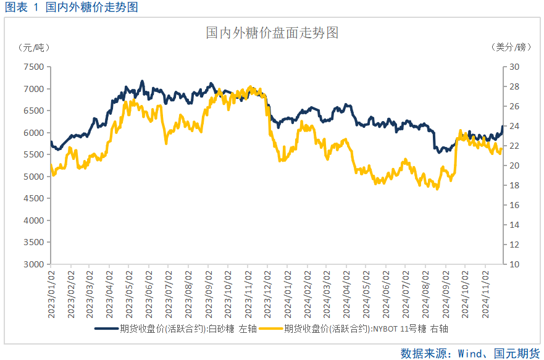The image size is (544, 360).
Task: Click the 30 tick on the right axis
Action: (x=514, y=67)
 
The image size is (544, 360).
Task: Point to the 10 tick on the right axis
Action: (x=514, y=264)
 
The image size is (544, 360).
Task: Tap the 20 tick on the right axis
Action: (x=514, y=166)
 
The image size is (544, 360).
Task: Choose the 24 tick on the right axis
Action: (x=514, y=127)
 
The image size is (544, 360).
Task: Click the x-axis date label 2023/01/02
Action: (x=51, y=293)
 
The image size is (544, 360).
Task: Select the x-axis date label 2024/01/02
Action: (x=288, y=293)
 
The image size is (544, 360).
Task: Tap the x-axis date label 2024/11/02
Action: (x=485, y=293)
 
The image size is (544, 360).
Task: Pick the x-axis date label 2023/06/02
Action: (x=149, y=293)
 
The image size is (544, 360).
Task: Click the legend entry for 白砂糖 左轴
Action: (x=177, y=329)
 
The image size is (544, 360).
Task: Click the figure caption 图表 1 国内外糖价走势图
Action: (x=72, y=7)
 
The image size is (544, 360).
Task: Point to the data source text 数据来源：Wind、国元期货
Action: (x=471, y=353)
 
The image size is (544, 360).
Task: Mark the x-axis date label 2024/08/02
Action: (x=426, y=293)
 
